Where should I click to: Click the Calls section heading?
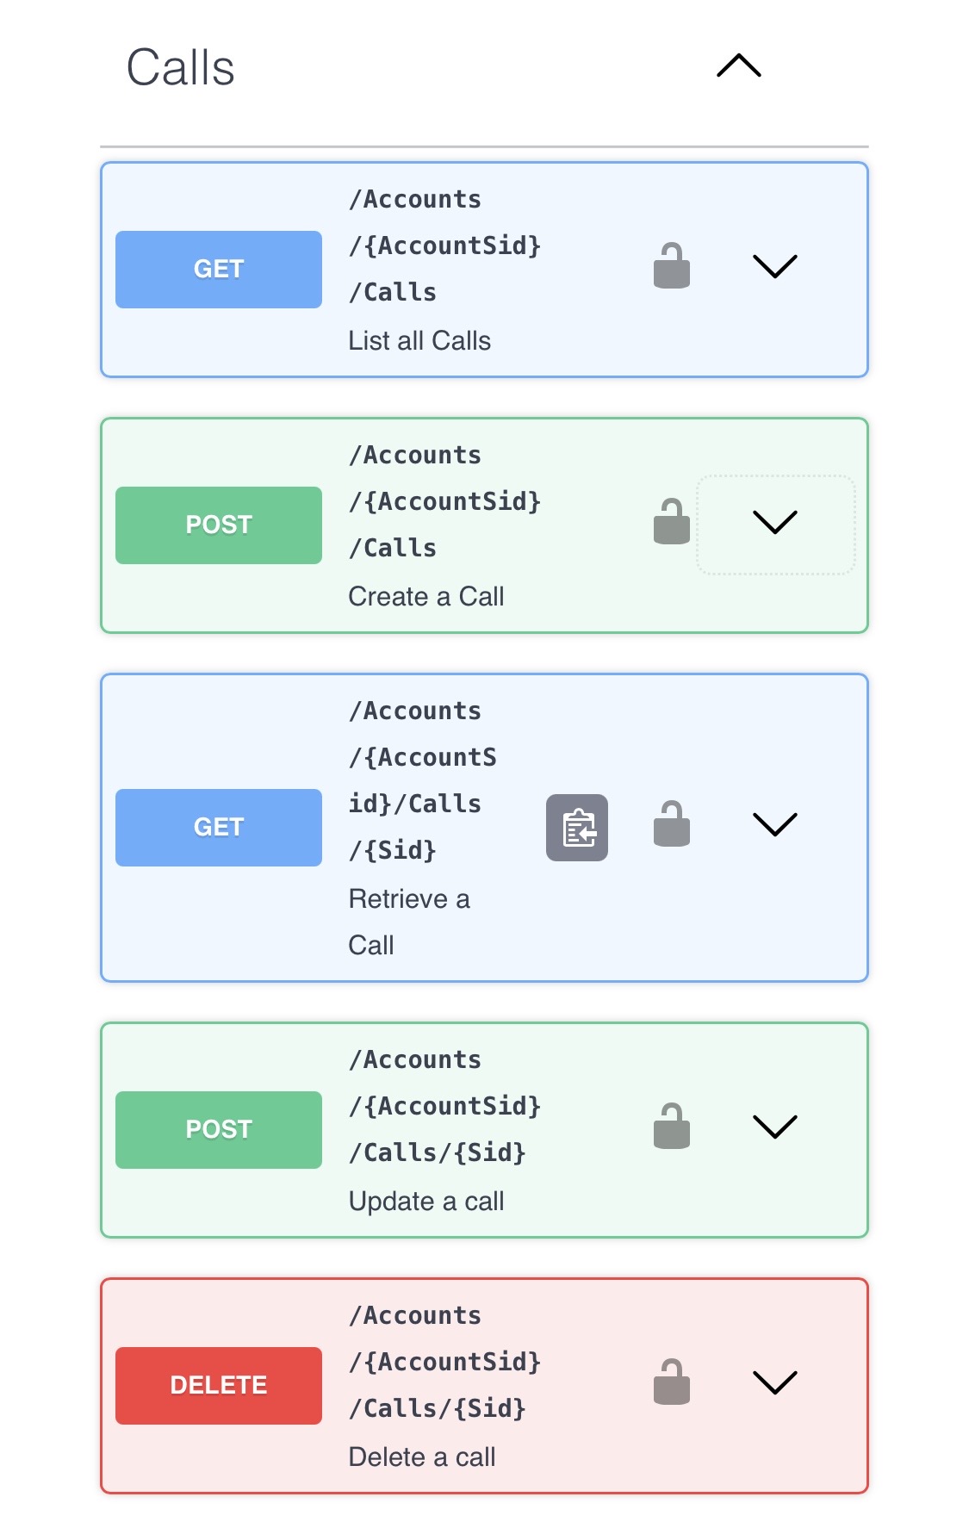180,68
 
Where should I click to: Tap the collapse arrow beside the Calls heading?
738,66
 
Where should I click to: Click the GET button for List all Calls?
219,269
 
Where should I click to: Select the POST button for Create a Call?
219,525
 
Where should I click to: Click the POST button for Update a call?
219,1129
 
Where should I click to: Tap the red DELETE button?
219,1385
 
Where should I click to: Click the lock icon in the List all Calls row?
672,266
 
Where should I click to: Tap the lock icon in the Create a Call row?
672,522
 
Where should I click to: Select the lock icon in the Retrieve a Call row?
672,824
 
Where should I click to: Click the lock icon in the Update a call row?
672,1127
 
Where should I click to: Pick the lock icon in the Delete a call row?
672,1382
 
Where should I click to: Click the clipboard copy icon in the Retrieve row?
577,828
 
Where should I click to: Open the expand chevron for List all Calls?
774,266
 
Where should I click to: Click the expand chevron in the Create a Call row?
774,522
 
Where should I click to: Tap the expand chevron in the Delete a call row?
774,1382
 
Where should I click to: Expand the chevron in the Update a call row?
774,1127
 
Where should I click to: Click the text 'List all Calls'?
419,341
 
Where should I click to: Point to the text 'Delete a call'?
422,1457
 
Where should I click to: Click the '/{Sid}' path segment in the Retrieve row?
393,851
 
